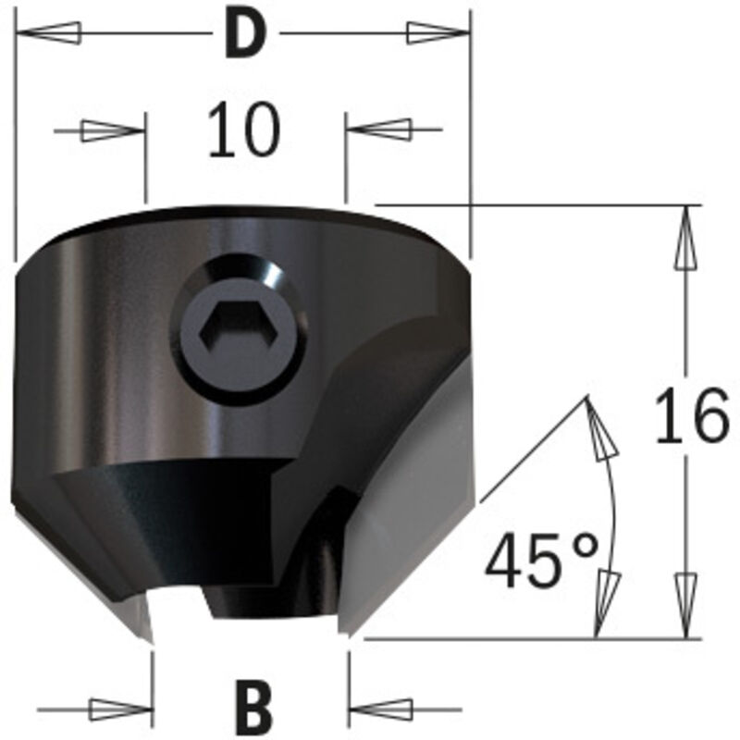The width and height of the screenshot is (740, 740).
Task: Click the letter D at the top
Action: point(243,34)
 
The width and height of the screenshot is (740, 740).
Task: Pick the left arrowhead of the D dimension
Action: point(46,33)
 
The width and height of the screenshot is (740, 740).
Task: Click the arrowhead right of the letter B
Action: point(383,709)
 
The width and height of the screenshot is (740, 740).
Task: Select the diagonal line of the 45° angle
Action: point(535,449)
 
